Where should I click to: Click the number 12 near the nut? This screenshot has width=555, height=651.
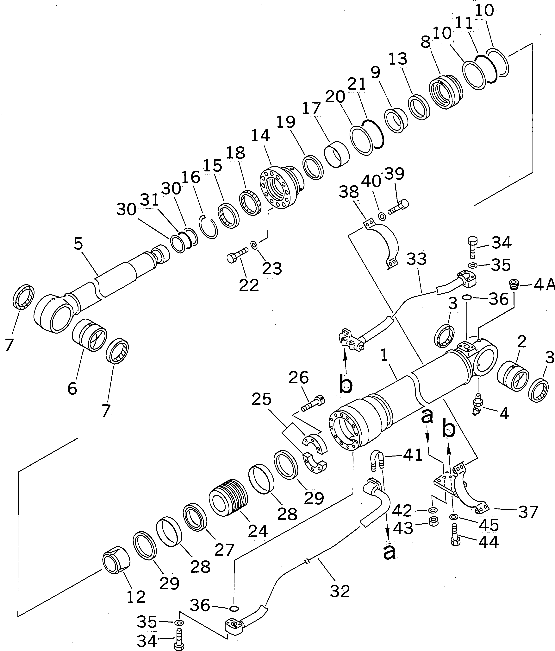(136, 596)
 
